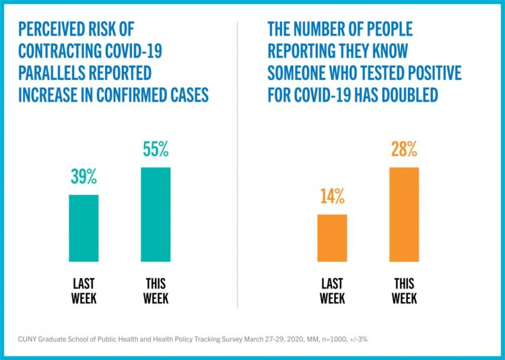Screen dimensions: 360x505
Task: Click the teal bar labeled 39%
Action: [83, 228]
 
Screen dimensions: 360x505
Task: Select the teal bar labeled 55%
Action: [156, 214]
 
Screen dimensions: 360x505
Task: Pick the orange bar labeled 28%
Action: [403, 214]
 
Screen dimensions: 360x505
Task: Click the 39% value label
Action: [84, 178]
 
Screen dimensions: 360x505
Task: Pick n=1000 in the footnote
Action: [334, 338]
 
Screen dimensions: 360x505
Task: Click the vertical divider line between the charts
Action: [238, 168]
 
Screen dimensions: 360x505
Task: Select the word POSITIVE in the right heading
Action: [431, 73]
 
